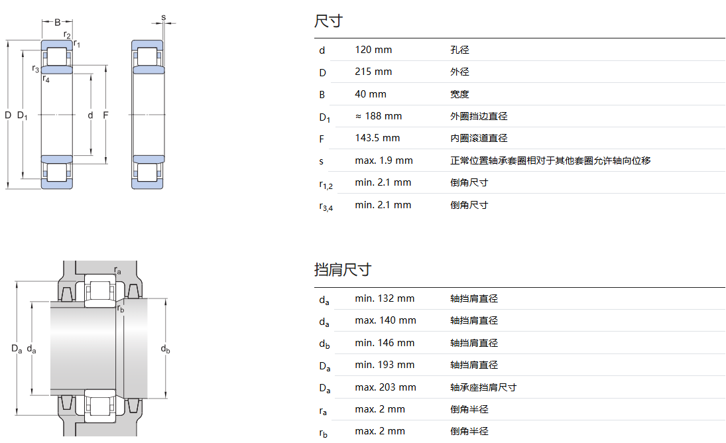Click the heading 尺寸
pyautogui.click(x=328, y=21)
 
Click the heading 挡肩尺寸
pyautogui.click(x=342, y=269)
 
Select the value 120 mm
pyautogui.click(x=373, y=50)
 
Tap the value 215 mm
pyautogui.click(x=373, y=72)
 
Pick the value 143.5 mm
pyautogui.click(x=377, y=138)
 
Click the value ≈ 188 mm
pyautogui.click(x=378, y=116)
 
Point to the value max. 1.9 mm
pyautogui.click(x=383, y=160)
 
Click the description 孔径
pyautogui.click(x=459, y=50)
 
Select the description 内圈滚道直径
pyautogui.click(x=479, y=138)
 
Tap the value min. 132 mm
pyautogui.click(x=385, y=298)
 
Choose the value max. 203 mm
pyautogui.click(x=385, y=387)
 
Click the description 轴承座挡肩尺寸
pyautogui.click(x=483, y=387)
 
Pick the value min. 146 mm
pyautogui.click(x=385, y=343)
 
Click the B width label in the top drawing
pyautogui.click(x=57, y=22)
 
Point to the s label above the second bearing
pyautogui.click(x=164, y=17)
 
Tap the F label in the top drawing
pyautogui.click(x=105, y=115)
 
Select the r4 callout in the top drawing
pyautogui.click(x=46, y=80)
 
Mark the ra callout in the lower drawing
pyautogui.click(x=118, y=271)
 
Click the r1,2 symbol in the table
pyautogui.click(x=325, y=184)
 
